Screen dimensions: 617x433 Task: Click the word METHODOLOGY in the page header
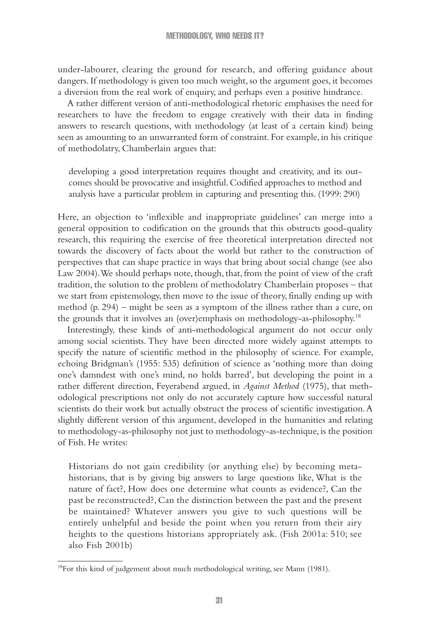point(188,36)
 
